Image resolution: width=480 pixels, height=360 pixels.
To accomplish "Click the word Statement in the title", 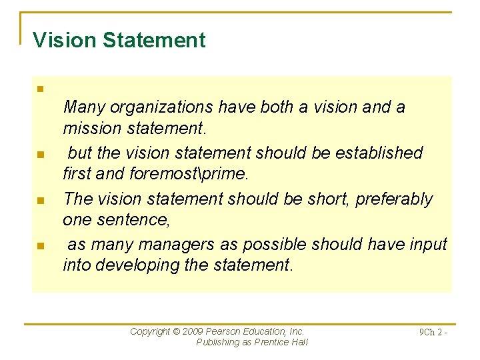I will click(x=154, y=40).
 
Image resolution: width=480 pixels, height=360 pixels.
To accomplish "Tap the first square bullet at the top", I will click(x=40, y=89).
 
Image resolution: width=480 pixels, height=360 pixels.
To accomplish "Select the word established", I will click(x=379, y=153).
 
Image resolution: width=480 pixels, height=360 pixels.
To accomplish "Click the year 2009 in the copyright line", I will click(x=193, y=331).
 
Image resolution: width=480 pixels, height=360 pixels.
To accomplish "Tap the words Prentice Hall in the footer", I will click(x=280, y=342).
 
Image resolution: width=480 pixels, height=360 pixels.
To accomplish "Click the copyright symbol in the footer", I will click(x=176, y=331).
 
